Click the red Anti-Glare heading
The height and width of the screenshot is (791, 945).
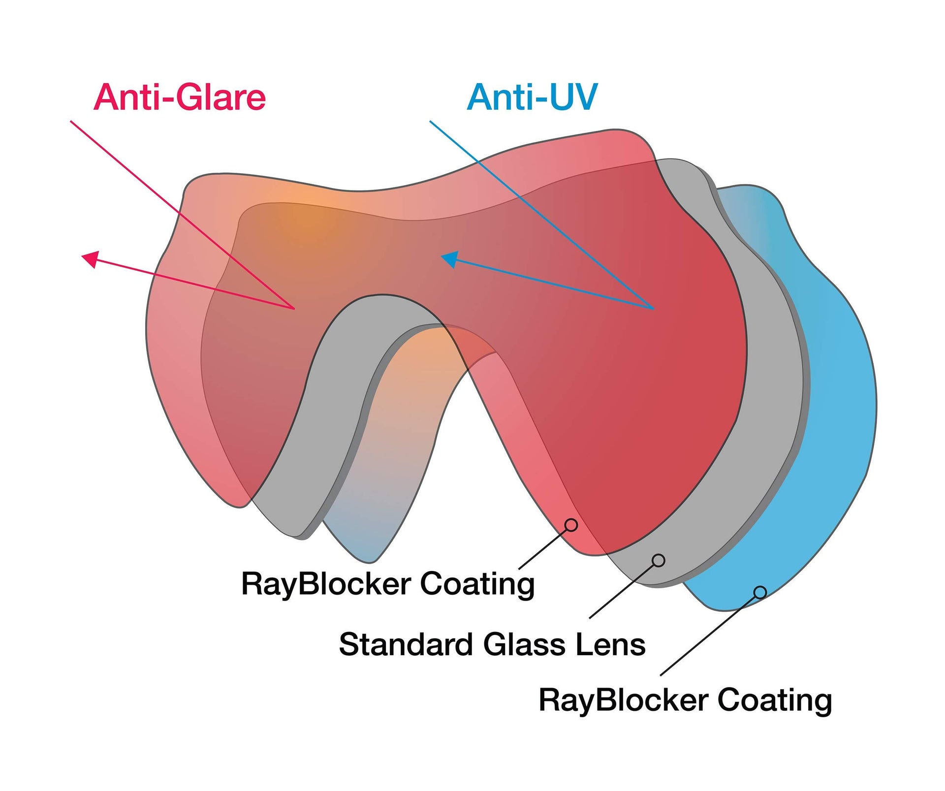click(180, 97)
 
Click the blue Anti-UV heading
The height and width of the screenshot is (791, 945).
click(532, 97)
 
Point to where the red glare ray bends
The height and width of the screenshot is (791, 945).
click(294, 309)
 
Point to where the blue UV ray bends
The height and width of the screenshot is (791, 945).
click(653, 309)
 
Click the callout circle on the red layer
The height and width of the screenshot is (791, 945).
click(571, 525)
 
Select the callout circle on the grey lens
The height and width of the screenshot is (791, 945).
click(659, 560)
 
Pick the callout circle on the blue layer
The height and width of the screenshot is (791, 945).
click(760, 592)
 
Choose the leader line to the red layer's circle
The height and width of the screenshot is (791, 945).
click(544, 548)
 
